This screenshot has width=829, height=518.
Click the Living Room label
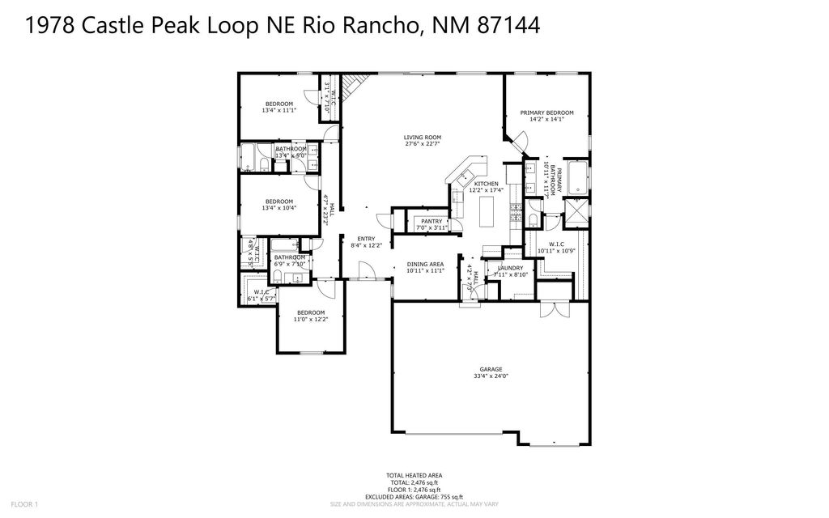(422, 138)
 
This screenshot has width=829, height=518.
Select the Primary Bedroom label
(546, 113)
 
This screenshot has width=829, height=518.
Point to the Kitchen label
(487, 184)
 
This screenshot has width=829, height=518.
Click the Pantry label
(431, 221)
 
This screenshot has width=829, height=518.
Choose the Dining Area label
(425, 264)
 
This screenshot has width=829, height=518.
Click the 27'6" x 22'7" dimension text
(422, 145)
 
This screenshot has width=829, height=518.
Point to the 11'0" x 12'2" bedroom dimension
(311, 320)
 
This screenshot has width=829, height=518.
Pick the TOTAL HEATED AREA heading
(414, 475)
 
